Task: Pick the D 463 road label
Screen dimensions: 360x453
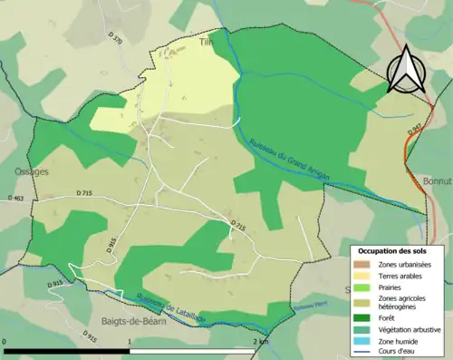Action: coord(14,198)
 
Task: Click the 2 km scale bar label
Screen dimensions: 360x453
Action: coord(261,341)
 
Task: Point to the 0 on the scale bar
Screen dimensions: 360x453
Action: coord(5,341)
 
